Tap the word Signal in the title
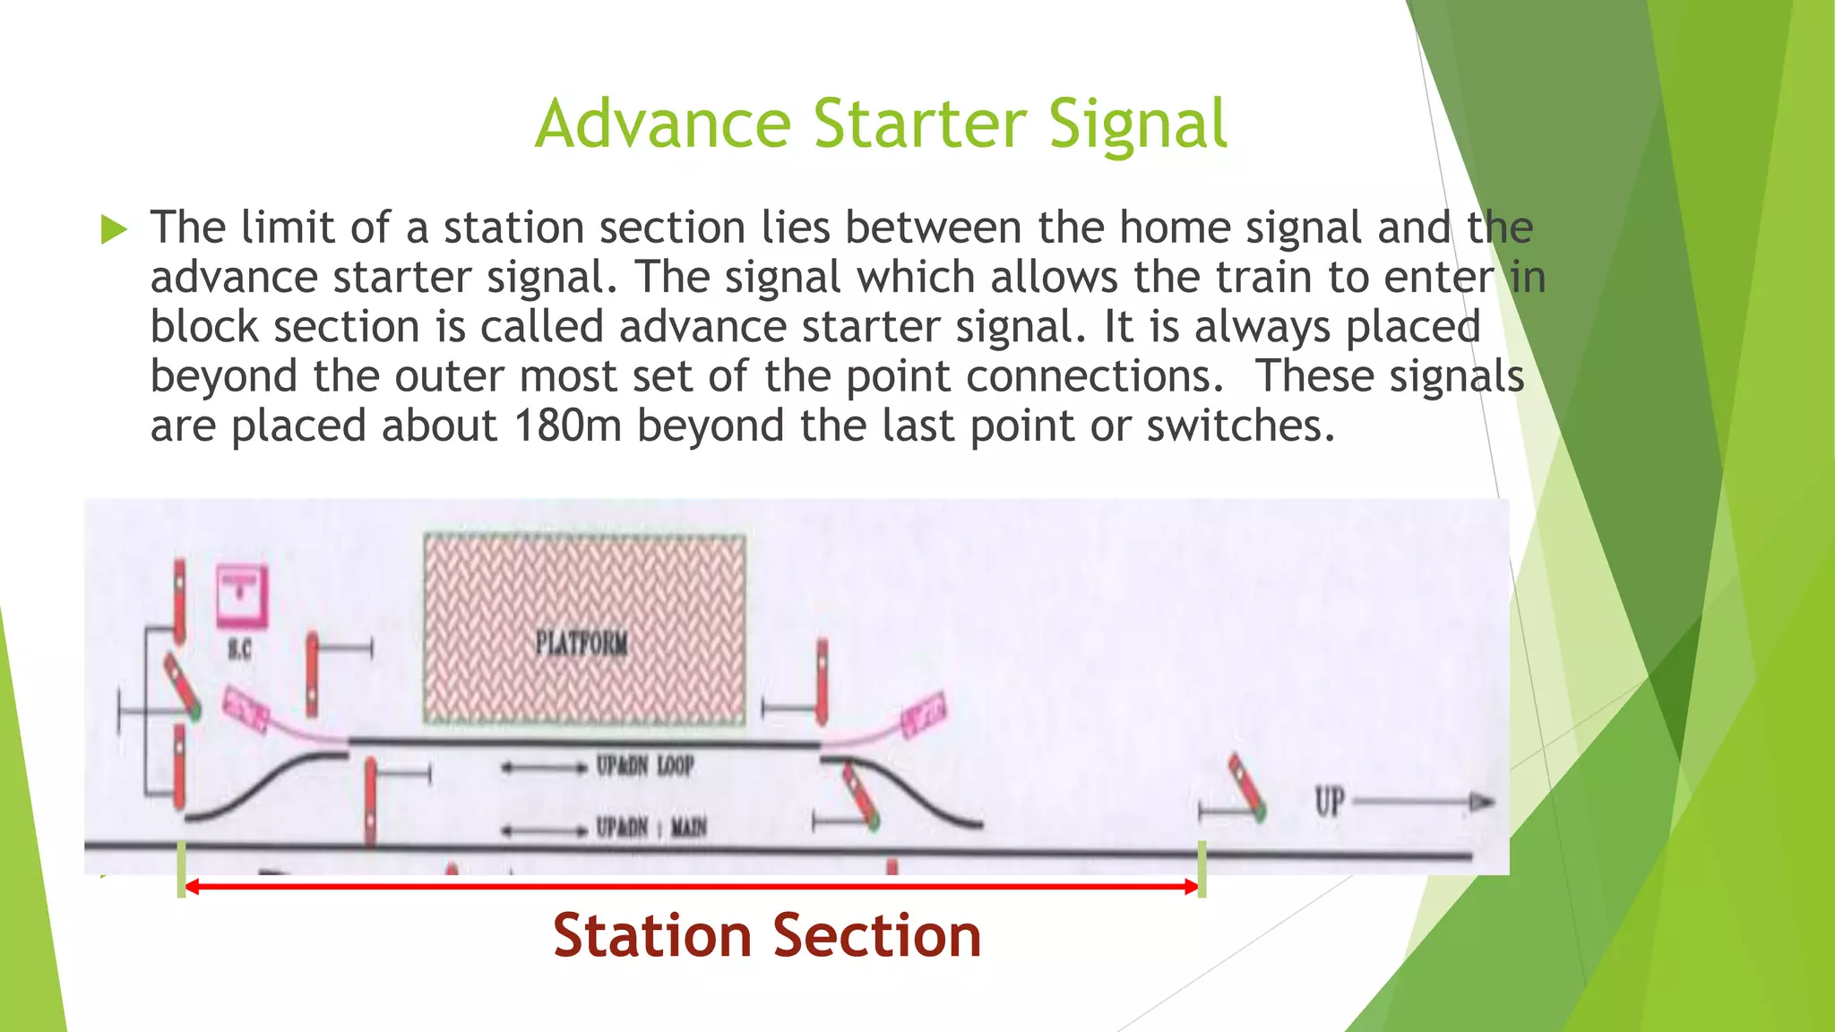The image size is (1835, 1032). (1136, 125)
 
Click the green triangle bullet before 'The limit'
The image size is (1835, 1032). (114, 229)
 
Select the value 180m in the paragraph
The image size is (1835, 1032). (567, 425)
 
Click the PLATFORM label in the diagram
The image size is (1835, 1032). (582, 642)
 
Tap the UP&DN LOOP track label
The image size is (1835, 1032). (645, 766)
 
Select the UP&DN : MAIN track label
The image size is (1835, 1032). (651, 827)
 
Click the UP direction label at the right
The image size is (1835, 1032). (1330, 801)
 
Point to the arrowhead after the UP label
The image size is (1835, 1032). (1482, 802)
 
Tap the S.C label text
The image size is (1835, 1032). (239, 649)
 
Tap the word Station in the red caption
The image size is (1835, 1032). (651, 936)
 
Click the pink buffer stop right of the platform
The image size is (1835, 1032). (924, 714)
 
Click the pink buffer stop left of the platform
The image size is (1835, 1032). (245, 709)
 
